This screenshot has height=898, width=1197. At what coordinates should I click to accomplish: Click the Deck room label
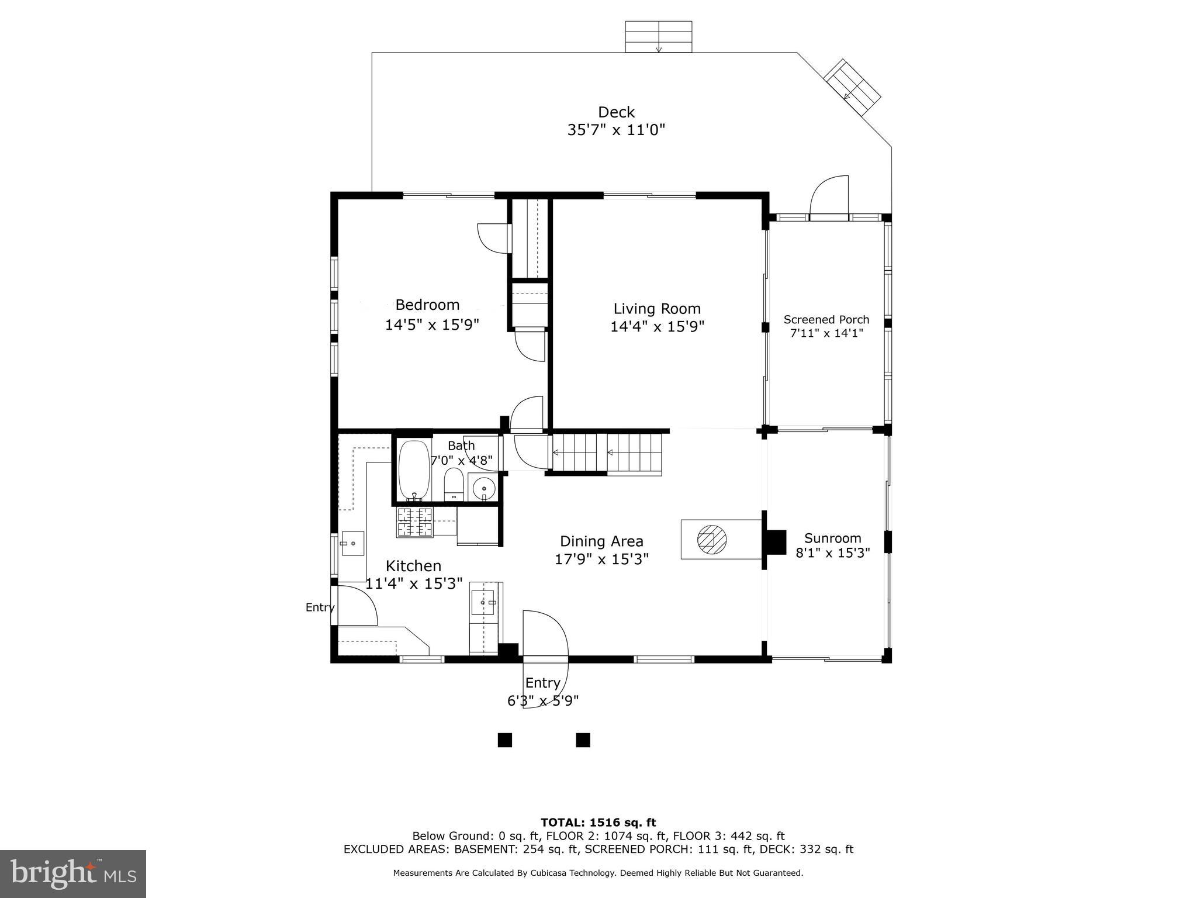pos(616,112)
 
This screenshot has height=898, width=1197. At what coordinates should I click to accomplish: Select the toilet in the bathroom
pos(454,485)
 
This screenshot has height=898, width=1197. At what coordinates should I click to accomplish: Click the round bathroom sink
pos(483,487)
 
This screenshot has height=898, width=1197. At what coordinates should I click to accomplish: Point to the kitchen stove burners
pos(414,522)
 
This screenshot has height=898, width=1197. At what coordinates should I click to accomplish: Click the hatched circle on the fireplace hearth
pos(711,538)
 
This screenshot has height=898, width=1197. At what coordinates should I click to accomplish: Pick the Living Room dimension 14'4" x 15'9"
pos(657,326)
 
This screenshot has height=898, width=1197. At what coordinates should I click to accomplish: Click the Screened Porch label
pos(826,320)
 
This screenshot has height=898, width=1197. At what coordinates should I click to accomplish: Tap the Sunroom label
pos(832,538)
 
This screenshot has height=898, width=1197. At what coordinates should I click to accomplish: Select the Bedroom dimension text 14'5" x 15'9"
pos(432,324)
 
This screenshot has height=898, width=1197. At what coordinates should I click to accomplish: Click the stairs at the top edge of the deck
pos(659,37)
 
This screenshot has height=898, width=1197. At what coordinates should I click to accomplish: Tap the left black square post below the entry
pos(504,740)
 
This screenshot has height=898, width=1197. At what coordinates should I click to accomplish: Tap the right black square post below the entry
pos(583,740)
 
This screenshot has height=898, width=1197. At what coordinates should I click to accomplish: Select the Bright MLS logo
pos(73,873)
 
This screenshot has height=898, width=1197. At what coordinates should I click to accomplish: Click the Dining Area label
pos(601,541)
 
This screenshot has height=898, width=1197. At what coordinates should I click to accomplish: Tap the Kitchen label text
pos(413,566)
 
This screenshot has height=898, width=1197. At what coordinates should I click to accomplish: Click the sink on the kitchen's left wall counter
pos(352,544)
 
